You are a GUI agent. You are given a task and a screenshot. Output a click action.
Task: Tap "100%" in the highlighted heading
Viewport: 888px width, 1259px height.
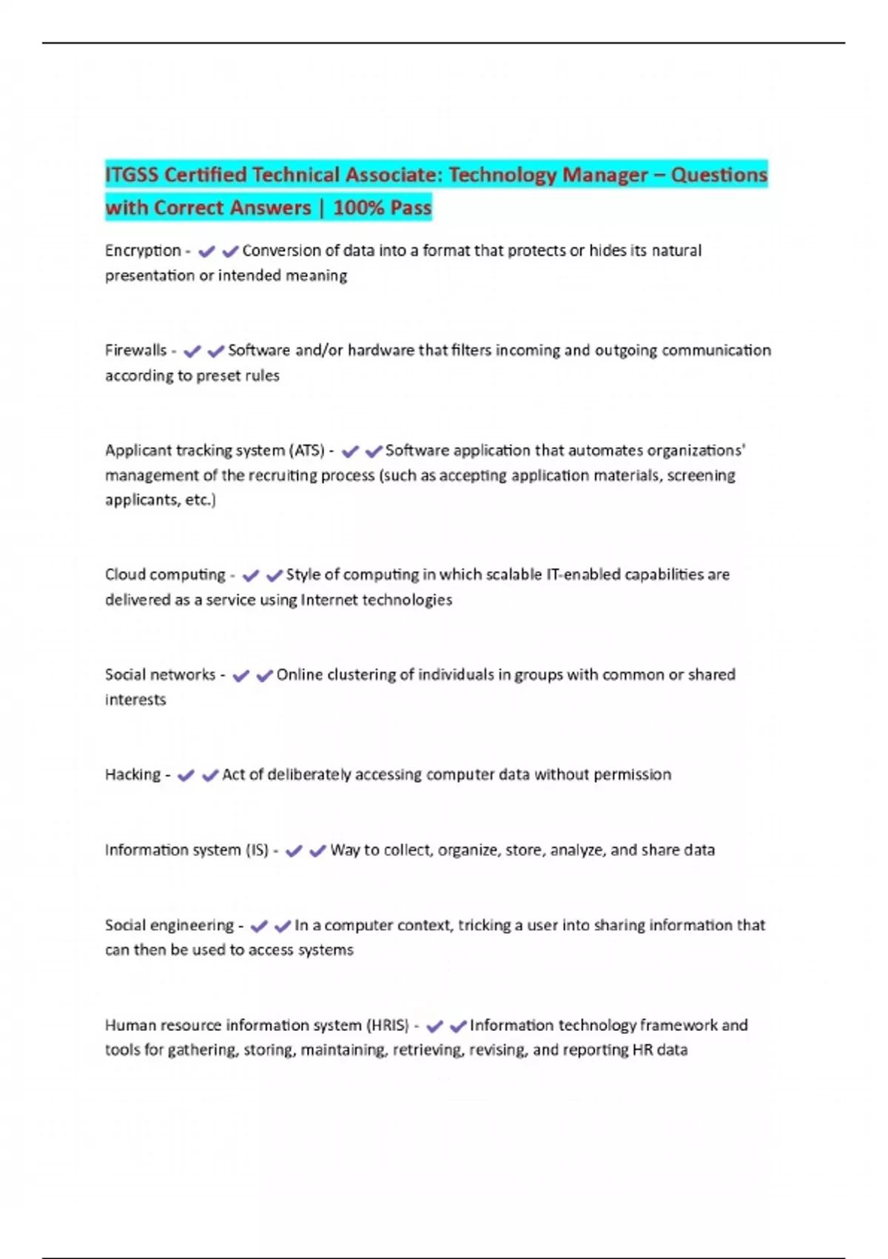(x=358, y=208)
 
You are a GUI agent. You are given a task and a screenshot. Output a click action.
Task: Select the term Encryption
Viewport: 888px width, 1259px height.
(x=143, y=251)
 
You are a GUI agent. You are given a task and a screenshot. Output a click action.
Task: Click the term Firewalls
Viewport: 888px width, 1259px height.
(x=135, y=350)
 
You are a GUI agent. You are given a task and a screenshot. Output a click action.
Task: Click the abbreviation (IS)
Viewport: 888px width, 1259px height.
(x=257, y=850)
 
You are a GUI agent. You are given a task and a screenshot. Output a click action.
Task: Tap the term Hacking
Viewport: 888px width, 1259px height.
(x=132, y=775)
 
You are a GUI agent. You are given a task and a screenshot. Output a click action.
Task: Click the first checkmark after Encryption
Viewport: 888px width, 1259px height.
(x=206, y=252)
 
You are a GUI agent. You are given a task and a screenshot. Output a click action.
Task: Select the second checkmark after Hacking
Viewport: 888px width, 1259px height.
(x=210, y=775)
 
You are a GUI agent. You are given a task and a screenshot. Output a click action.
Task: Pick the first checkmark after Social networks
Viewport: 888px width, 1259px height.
(x=240, y=675)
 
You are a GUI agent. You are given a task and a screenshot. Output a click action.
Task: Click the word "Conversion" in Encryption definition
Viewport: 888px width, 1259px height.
(x=289, y=251)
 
